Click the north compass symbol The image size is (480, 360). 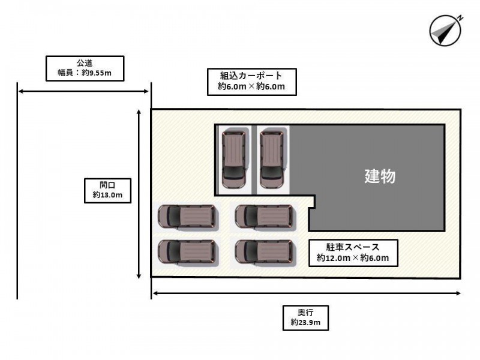click(445, 31)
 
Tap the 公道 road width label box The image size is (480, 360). click(85, 68)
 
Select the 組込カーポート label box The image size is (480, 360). click(251, 82)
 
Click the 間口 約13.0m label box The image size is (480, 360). click(108, 191)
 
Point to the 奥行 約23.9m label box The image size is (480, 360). click(305, 318)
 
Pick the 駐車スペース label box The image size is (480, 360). click(353, 253)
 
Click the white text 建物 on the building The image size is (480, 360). click(380, 176)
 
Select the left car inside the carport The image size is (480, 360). click(234, 159)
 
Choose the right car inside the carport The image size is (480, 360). click(272, 159)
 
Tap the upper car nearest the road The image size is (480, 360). click(188, 217)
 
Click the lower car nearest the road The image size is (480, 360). click(188, 252)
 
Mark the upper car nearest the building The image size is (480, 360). click(265, 217)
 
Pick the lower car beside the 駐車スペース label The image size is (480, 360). click(265, 252)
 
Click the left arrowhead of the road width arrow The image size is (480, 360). click(20, 91)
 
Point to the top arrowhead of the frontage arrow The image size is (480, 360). click(139, 112)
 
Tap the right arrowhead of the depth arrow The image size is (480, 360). click(458, 293)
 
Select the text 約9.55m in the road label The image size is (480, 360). click(97, 73)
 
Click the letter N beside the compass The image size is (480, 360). click(460, 18)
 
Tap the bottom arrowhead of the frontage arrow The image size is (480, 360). click(139, 277)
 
